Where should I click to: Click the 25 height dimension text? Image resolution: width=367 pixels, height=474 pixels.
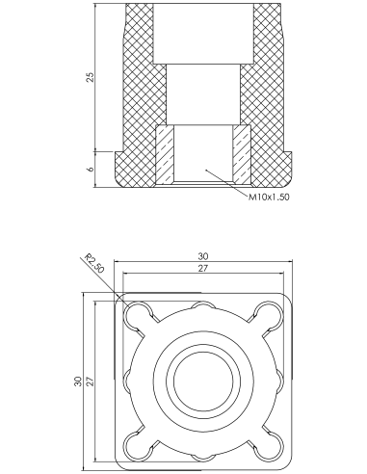tap(91, 77)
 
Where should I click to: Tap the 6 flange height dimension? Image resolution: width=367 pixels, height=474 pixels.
tap(91, 169)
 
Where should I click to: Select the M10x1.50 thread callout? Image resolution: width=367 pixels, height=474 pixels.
tap(269, 197)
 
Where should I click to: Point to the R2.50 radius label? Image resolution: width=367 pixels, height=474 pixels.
tap(94, 263)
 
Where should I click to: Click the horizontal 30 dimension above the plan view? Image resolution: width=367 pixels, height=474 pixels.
tap(203, 256)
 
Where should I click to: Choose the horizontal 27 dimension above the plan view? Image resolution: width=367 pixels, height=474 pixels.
tap(202, 268)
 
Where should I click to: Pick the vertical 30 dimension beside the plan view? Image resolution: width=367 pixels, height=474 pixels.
tap(79, 381)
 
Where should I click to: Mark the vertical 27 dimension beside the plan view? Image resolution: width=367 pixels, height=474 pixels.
tap(91, 381)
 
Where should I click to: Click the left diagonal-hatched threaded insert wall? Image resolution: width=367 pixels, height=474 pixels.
tap(165, 155)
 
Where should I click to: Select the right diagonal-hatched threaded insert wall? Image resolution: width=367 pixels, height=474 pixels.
tap(242, 155)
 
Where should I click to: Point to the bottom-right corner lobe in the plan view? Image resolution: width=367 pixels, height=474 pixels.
tap(268, 445)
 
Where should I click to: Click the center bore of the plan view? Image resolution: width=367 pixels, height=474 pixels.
tap(203, 381)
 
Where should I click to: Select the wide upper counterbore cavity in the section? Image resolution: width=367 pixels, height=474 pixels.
tap(203, 34)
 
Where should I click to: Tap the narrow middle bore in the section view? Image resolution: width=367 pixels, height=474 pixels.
tap(203, 94)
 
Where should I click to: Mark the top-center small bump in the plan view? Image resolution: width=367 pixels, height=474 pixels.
tap(203, 306)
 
